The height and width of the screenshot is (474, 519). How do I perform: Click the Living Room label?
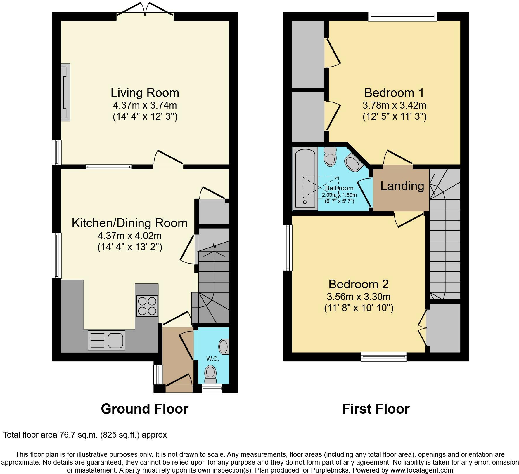(145, 93)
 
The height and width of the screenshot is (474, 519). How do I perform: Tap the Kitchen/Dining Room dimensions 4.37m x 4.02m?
(130, 236)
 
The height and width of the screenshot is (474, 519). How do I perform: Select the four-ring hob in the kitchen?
(147, 306)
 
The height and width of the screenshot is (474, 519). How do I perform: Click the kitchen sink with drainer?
(106, 340)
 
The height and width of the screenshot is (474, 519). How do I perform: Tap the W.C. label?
(212, 359)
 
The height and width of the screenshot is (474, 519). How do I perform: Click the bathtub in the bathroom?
(305, 178)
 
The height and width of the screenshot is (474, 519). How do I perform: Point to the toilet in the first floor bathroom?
(331, 156)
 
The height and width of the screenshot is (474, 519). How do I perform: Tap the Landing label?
(402, 186)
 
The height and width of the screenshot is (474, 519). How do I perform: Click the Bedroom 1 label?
(394, 93)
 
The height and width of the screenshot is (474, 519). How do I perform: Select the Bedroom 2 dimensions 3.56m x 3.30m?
(359, 297)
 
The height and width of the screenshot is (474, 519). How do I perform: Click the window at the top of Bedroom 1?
(402, 16)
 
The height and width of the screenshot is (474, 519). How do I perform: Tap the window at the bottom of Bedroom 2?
(384, 356)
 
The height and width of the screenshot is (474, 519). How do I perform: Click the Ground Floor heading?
(145, 409)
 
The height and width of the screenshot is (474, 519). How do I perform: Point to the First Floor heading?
(376, 409)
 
